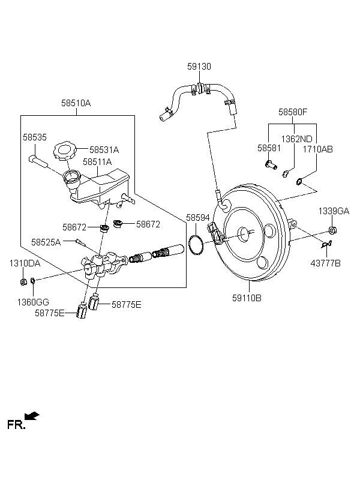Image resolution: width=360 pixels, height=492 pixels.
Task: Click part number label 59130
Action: click(x=199, y=67)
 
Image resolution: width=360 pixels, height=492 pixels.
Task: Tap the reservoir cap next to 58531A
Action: click(x=65, y=151)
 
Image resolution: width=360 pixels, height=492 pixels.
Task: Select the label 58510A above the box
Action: click(x=76, y=103)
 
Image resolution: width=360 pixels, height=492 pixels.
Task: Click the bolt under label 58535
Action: click(x=37, y=161)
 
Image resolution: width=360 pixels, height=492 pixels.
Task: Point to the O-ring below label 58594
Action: click(x=196, y=244)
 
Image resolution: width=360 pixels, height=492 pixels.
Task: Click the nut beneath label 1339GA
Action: click(x=332, y=230)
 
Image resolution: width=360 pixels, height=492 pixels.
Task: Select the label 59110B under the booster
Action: click(x=247, y=298)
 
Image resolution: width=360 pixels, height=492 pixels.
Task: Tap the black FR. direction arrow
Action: click(x=32, y=416)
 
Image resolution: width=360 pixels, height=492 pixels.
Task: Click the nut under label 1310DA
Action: click(x=23, y=282)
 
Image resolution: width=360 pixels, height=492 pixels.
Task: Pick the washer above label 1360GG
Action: click(x=33, y=280)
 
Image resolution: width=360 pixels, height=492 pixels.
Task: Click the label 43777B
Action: click(x=325, y=263)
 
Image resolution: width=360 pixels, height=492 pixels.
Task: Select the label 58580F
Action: click(x=293, y=112)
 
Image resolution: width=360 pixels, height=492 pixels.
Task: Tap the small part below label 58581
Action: click(x=271, y=164)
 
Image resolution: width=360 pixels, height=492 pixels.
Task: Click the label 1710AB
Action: click(x=317, y=149)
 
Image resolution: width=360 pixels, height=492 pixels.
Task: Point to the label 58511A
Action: click(x=97, y=162)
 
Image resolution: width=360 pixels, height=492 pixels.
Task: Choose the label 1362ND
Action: click(x=296, y=139)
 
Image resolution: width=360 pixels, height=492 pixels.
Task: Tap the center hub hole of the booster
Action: click(x=244, y=234)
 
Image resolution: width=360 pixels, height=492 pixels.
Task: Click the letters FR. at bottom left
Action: click(x=16, y=425)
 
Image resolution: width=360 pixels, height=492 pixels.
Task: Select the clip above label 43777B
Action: click(x=326, y=244)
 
